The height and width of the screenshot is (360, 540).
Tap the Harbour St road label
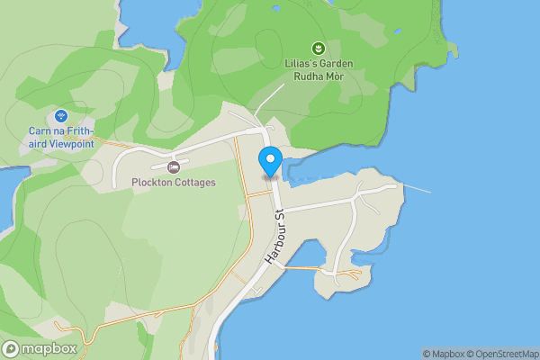[x=274, y=237]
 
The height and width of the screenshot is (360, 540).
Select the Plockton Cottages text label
[x=174, y=183]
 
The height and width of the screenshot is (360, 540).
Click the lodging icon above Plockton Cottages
[x=174, y=167]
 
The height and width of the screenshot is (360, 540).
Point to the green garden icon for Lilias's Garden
[x=317, y=48]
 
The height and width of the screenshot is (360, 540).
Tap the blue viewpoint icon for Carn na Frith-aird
[x=60, y=115]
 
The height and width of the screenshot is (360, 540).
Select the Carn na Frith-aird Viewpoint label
[x=60, y=137]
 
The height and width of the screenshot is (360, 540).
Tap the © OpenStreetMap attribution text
[x=504, y=354]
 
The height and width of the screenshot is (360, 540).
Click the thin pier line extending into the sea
[x=415, y=188]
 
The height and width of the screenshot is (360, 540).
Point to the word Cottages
[x=193, y=183]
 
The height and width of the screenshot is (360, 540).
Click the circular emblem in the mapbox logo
[x=12, y=349]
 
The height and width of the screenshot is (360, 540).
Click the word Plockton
[x=151, y=183]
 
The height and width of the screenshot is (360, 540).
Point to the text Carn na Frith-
[x=61, y=130]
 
